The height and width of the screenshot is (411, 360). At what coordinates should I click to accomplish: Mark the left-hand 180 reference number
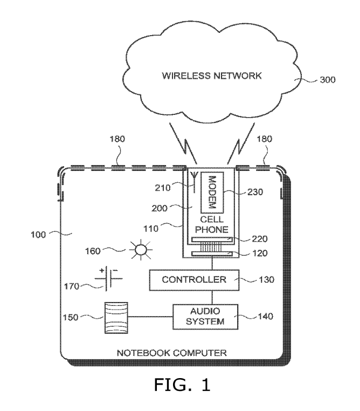coord(117,139)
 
